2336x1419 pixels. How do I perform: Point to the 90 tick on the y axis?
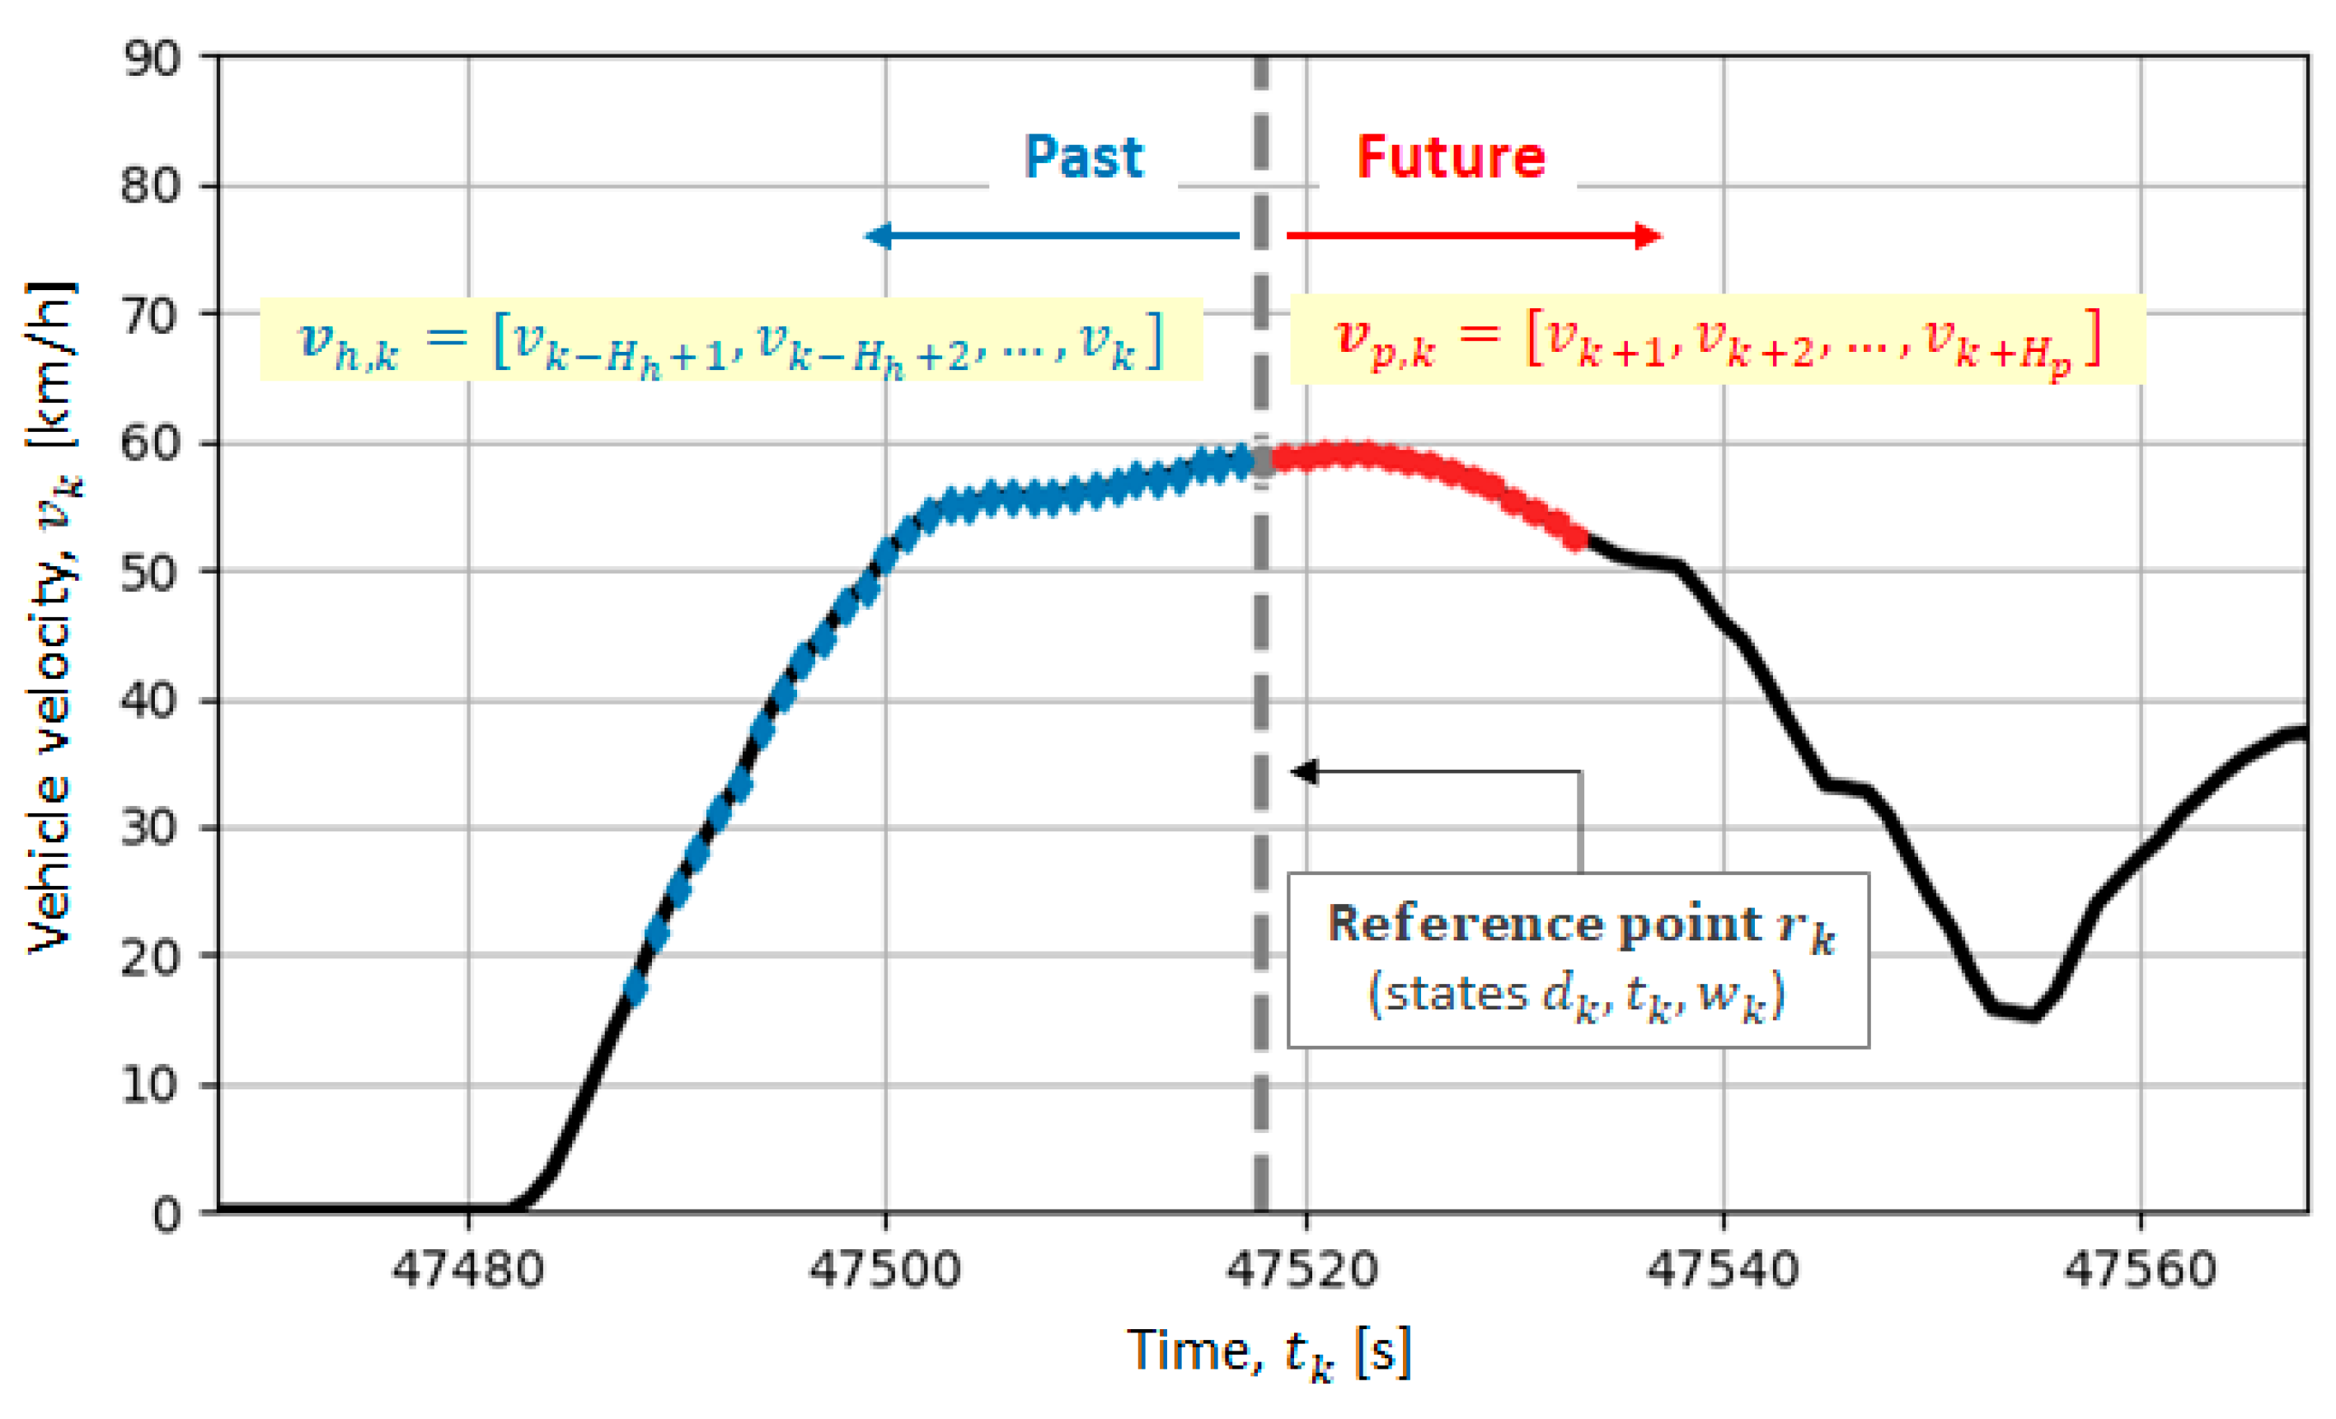pos(151,59)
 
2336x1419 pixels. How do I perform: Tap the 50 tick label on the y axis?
pos(151,573)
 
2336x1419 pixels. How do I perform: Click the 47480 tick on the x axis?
pos(467,1269)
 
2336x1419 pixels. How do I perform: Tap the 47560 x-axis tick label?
pos(2141,1269)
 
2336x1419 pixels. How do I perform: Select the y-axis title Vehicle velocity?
pos(52,616)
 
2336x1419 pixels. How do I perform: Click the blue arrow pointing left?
pos(1053,235)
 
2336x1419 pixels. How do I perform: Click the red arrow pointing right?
pos(1475,235)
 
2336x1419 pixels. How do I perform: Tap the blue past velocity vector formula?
pos(731,340)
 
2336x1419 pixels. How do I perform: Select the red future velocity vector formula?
pos(1716,340)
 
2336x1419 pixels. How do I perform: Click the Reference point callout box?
pos(1578,959)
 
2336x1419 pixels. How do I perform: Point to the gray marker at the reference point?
pos(1262,461)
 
